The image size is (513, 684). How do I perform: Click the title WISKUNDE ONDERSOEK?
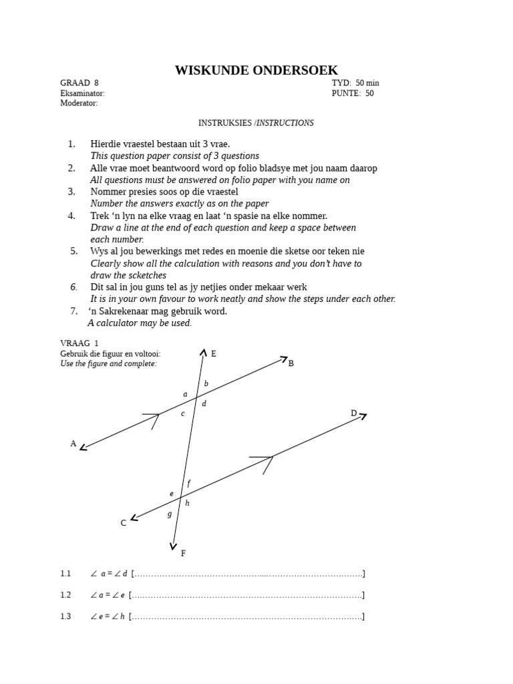(256, 70)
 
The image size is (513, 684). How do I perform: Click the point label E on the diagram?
(214, 354)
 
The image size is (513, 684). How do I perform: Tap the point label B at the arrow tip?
(291, 363)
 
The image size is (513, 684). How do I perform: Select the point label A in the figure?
(73, 444)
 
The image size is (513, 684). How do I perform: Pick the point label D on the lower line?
(354, 413)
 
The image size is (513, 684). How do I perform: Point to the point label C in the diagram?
(124, 523)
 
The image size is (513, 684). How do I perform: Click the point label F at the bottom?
(184, 553)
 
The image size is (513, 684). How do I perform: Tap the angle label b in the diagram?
(206, 383)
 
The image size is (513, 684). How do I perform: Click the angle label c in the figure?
(182, 413)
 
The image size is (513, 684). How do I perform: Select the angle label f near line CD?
(189, 483)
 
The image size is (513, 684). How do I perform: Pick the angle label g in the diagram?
(170, 514)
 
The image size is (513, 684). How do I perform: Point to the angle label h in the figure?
(188, 503)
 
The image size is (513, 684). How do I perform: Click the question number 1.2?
(65, 595)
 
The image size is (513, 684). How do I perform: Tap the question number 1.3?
(65, 617)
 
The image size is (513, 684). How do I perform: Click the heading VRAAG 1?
(79, 343)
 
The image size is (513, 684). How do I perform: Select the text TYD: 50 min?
(355, 83)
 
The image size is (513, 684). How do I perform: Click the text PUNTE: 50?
(353, 94)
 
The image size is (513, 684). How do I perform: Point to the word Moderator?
(79, 104)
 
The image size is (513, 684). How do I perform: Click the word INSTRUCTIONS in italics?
(285, 123)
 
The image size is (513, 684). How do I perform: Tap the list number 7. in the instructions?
(74, 311)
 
